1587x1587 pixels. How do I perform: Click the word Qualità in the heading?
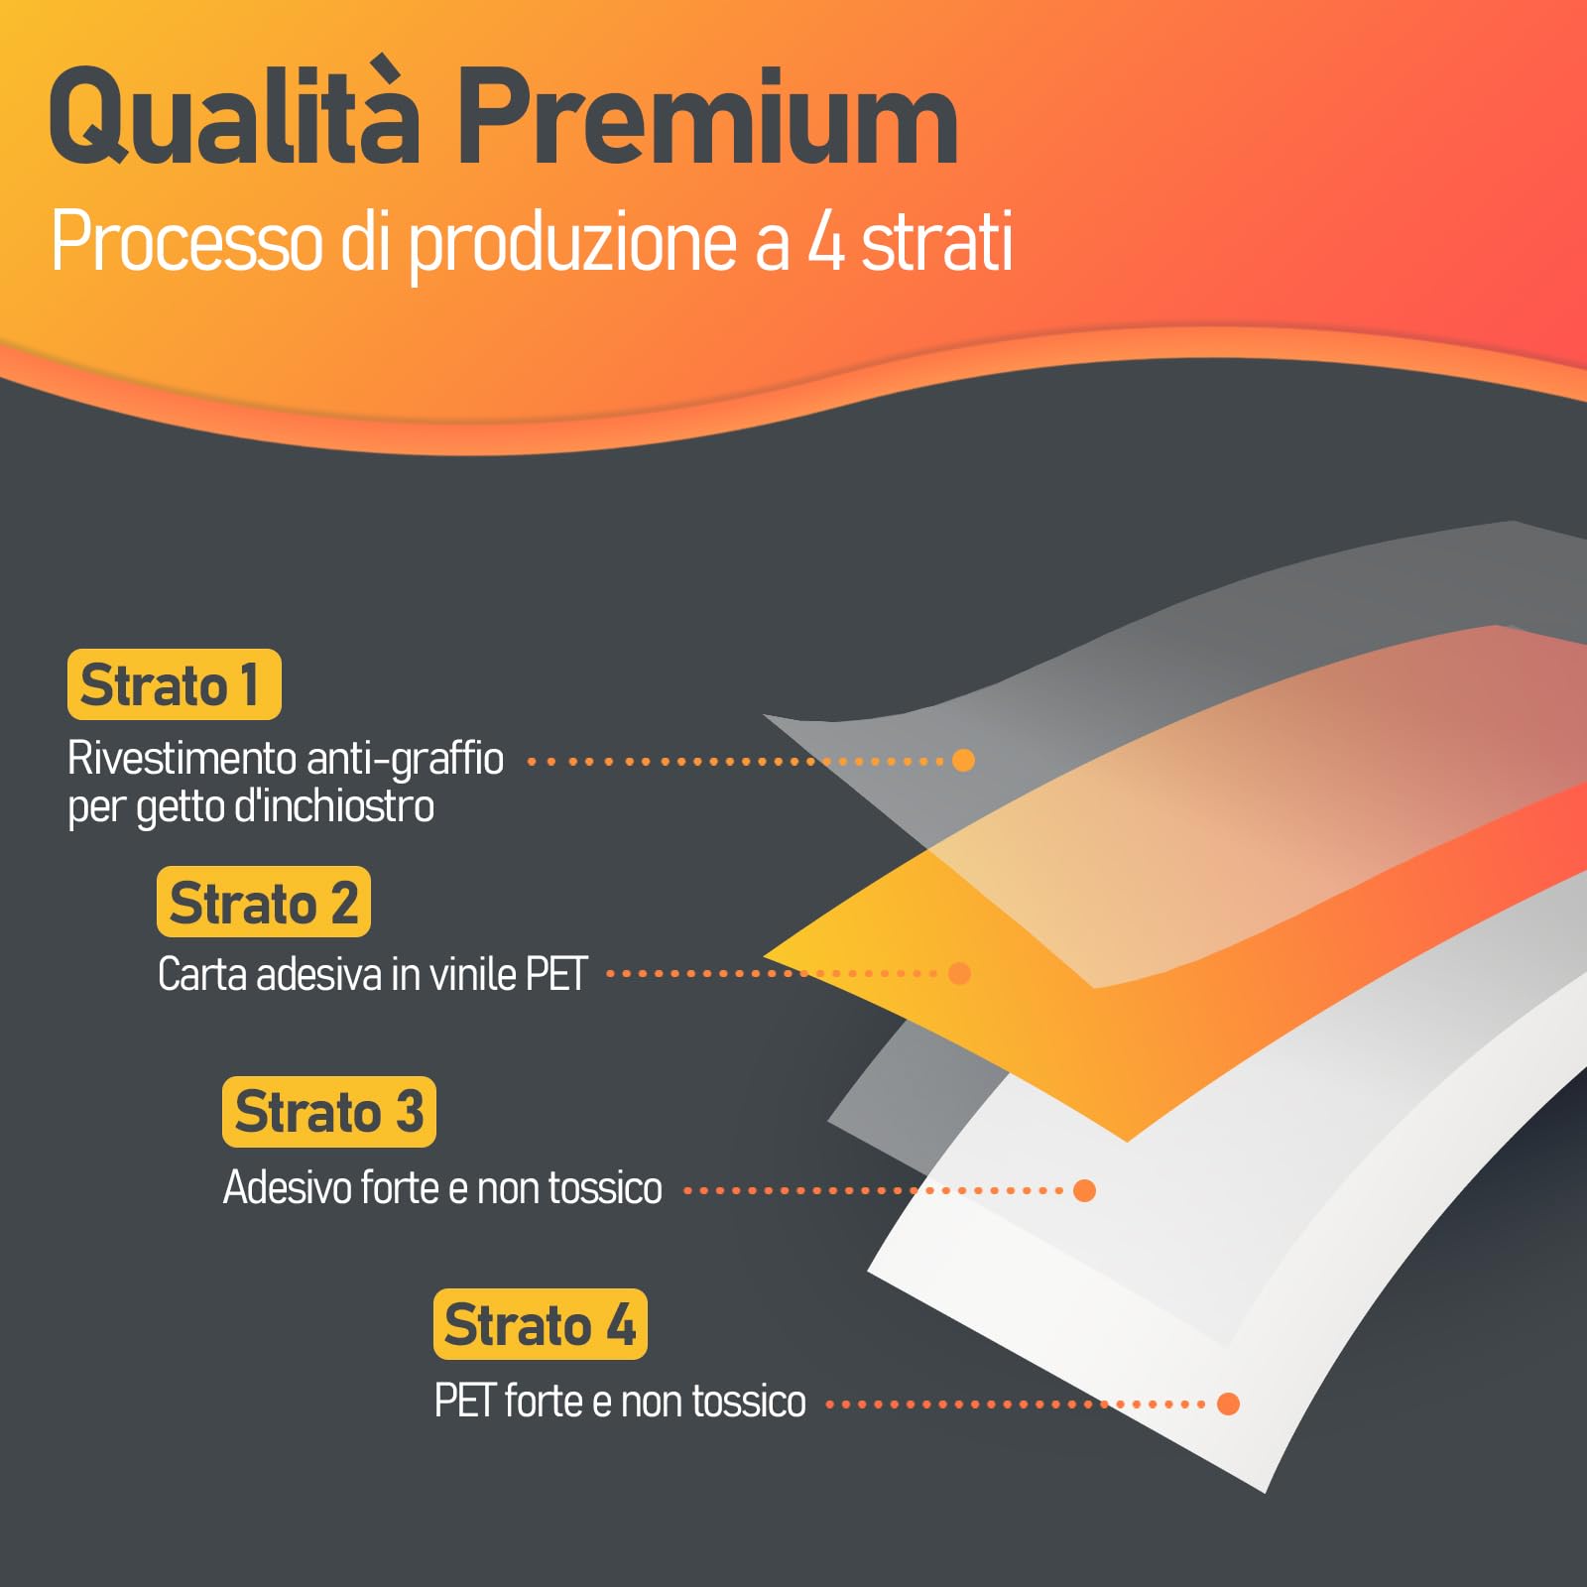point(234,115)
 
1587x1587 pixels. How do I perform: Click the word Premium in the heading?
point(707,118)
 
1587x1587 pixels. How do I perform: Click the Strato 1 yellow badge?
point(175,684)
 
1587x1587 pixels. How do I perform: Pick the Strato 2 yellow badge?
point(264,902)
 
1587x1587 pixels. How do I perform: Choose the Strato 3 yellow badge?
point(329,1111)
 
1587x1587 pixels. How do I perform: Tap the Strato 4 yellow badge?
point(541,1324)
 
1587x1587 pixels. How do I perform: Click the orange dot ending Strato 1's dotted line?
point(963,761)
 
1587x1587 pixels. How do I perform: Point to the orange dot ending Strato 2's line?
point(959,973)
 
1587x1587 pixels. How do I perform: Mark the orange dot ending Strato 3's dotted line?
point(1085,1190)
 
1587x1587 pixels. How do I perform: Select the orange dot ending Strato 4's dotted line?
point(1228,1404)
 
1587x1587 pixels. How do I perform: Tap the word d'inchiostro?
point(334,806)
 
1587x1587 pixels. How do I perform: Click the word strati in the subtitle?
point(937,241)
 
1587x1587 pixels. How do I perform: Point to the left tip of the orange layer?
point(766,954)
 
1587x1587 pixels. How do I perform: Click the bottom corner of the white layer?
point(1266,1491)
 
